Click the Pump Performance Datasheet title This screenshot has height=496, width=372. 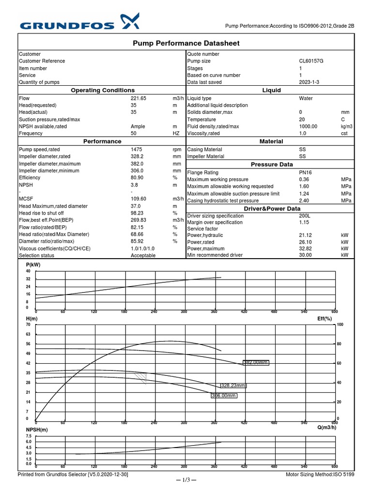pyautogui.click(x=186, y=44)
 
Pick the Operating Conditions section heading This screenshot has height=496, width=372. pyautogui.click(x=103, y=91)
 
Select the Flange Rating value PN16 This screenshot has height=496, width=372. pyautogui.click(x=306, y=172)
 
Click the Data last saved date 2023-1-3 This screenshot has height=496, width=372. pyautogui.click(x=309, y=82)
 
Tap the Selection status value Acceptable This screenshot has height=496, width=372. pyautogui.click(x=143, y=255)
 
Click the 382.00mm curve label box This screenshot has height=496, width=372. pyautogui.click(x=255, y=362)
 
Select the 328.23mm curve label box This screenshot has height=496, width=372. pyautogui.click(x=233, y=386)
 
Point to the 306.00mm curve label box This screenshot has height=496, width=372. pyautogui.click(x=224, y=396)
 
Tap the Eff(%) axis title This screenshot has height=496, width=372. pyautogui.click(x=325, y=319)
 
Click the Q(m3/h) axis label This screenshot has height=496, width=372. pyautogui.click(x=327, y=427)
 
